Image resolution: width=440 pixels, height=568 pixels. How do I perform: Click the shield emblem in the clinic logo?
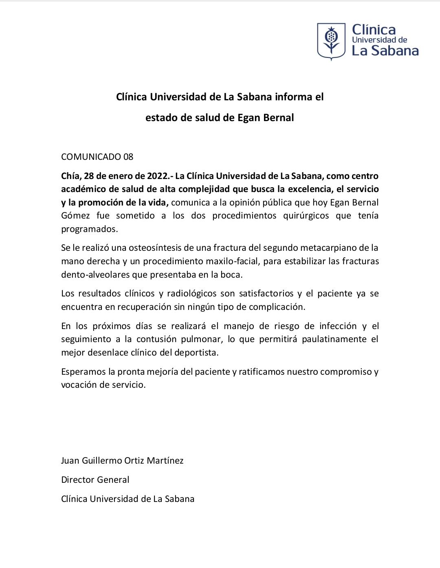click(x=331, y=41)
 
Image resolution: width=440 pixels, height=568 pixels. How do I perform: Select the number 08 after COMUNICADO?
click(x=128, y=157)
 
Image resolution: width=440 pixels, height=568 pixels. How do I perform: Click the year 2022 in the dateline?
click(x=156, y=176)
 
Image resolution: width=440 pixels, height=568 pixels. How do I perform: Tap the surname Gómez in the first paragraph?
click(x=75, y=216)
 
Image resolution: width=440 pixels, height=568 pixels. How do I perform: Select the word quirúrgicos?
click(x=306, y=216)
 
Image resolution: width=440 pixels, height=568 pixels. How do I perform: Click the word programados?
click(x=89, y=229)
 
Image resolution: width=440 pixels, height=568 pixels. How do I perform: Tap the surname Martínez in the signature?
click(x=165, y=461)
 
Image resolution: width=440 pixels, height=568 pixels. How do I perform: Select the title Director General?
click(x=95, y=480)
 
